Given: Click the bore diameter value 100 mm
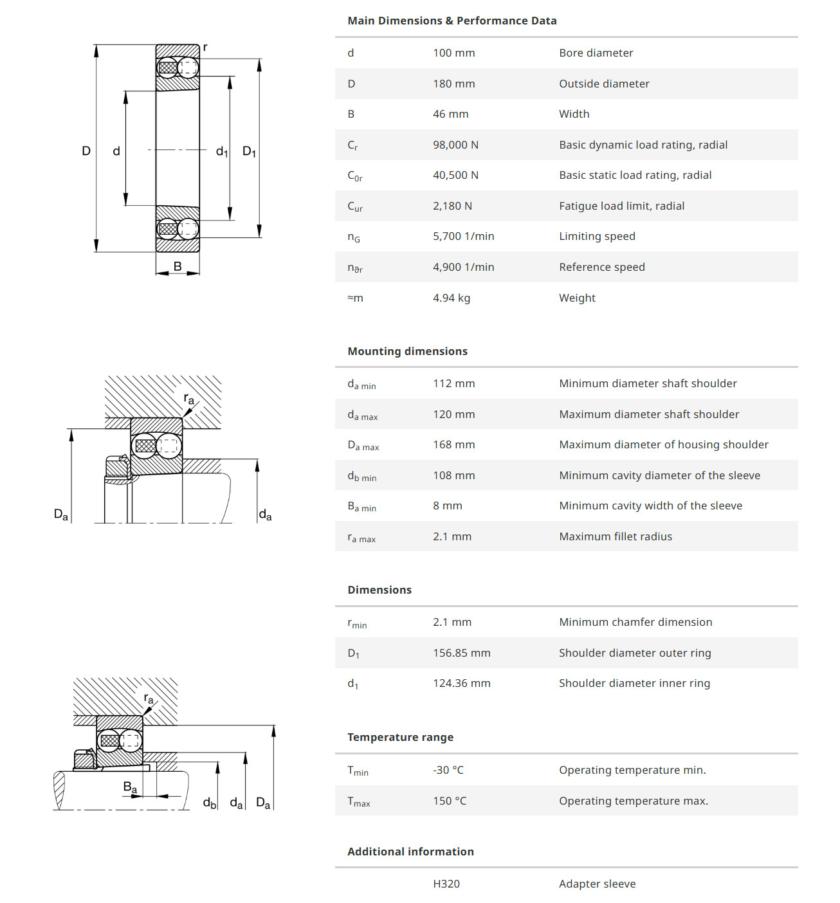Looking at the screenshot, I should tap(453, 53).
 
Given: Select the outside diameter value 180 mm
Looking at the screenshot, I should tap(453, 84).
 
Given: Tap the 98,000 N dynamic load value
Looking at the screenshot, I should tap(455, 145).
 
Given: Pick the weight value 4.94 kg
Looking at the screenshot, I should tap(451, 298).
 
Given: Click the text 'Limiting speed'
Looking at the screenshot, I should tap(597, 236).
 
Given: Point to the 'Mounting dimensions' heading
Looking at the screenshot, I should tap(407, 351).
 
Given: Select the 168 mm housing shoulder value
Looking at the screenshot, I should tap(453, 444).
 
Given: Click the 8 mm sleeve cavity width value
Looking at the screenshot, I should tap(447, 506).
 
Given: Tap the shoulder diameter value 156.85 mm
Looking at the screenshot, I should tap(461, 653).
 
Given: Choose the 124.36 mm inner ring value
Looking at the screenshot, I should tap(461, 683).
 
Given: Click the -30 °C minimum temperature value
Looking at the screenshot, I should tap(448, 770).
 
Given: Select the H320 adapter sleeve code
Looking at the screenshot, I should tap(446, 884).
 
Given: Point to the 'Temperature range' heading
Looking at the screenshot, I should tap(400, 737).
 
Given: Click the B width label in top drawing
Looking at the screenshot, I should tap(178, 266).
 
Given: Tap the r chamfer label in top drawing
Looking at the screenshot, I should tap(205, 47).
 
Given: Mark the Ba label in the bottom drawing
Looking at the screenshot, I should tap(130, 787).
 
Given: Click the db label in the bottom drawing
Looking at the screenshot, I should tap(210, 803).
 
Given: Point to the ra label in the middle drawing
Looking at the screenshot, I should tap(188, 399).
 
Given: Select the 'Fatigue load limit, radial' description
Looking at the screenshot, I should tap(621, 206).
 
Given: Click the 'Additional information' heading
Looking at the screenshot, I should tap(410, 852).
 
